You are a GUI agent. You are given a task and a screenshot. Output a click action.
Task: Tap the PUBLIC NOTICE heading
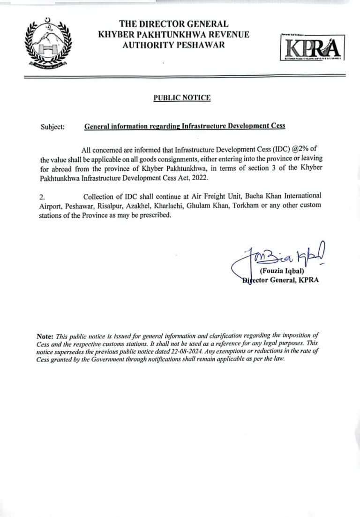182,98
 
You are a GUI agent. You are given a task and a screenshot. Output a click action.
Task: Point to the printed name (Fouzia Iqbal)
282,271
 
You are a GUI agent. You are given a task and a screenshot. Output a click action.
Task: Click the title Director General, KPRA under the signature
280,281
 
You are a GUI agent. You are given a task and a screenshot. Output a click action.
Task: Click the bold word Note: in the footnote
45,336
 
